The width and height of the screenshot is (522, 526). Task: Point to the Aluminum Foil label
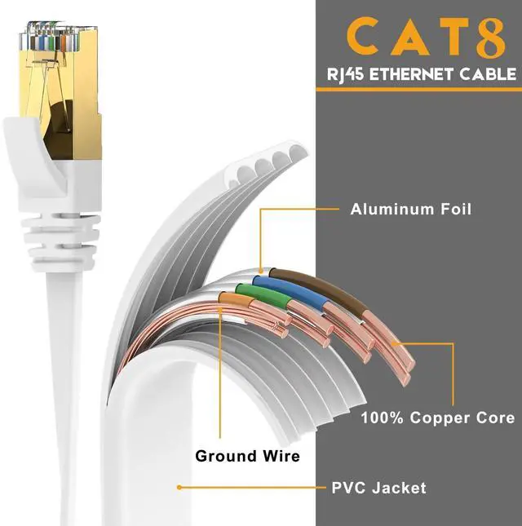411,210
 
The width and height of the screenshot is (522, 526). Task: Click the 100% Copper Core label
438,418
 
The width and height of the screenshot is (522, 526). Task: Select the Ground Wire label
247,456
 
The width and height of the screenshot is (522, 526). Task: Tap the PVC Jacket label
378,488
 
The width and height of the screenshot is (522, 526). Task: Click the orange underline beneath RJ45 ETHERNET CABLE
418,88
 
